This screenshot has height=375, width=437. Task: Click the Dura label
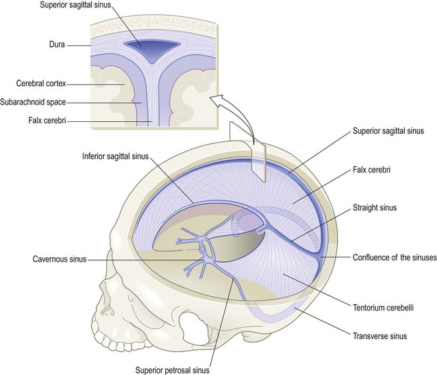pos(57,44)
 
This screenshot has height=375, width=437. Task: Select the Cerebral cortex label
pos(41,83)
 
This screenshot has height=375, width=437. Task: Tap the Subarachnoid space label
pos(33,102)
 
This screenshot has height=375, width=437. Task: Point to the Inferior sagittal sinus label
pos(116,156)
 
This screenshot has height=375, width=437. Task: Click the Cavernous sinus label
pos(60,259)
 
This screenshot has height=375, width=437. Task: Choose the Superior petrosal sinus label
pos(172,370)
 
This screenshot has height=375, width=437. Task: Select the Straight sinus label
pos(374,207)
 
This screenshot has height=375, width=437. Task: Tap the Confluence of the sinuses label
pos(395,257)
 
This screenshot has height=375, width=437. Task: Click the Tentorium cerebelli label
pos(383,308)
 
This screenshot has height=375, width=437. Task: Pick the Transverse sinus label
pos(380,336)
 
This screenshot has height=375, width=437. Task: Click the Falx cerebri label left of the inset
pos(47,121)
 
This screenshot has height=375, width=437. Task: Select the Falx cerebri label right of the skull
pos(372,170)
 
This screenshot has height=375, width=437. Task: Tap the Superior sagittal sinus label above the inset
pos(75,5)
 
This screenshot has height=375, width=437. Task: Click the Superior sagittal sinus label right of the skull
pos(388,131)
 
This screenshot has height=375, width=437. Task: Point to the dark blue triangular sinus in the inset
pos(151,50)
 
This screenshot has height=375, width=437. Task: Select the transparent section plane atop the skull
pos(247,152)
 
